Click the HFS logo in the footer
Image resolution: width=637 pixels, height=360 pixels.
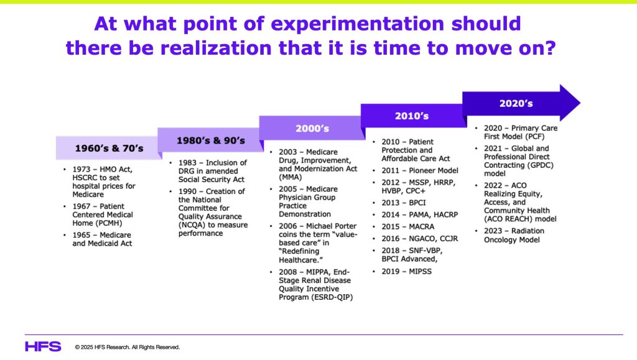tap(43, 346)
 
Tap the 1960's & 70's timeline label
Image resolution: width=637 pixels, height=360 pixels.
tap(109, 149)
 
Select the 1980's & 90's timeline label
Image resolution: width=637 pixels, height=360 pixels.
tap(211, 141)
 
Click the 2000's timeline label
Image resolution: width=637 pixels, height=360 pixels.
tap(312, 129)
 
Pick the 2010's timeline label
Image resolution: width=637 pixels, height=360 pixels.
tap(412, 116)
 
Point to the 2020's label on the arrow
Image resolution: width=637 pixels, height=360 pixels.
tap(516, 103)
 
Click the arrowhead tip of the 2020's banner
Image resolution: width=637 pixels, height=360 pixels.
tap(580, 103)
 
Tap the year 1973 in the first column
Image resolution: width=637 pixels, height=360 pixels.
tap(81, 169)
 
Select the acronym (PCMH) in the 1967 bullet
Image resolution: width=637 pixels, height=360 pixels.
tap(109, 223)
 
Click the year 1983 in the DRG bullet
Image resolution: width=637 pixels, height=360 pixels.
tap(187, 163)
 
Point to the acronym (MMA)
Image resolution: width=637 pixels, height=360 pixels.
tap(290, 177)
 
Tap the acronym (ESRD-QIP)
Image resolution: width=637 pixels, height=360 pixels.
tap(315, 297)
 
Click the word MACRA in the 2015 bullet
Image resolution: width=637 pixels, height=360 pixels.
tap(421, 226)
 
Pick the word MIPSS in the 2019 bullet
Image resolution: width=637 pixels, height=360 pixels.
tap(420, 272)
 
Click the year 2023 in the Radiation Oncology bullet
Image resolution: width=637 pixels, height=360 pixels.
tap(493, 231)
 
